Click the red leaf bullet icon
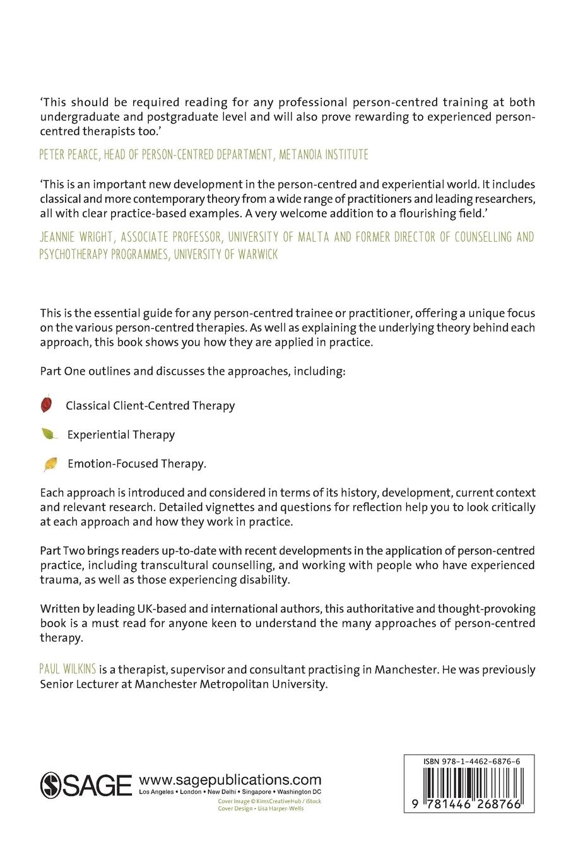click(x=46, y=404)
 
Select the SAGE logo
click(x=86, y=784)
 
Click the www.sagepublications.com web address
click(x=230, y=780)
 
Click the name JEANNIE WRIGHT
click(x=78, y=237)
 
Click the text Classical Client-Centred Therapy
click(x=150, y=406)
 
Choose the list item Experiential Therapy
click(x=121, y=435)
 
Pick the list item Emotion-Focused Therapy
click(x=137, y=464)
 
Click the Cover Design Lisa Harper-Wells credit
click(x=260, y=808)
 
